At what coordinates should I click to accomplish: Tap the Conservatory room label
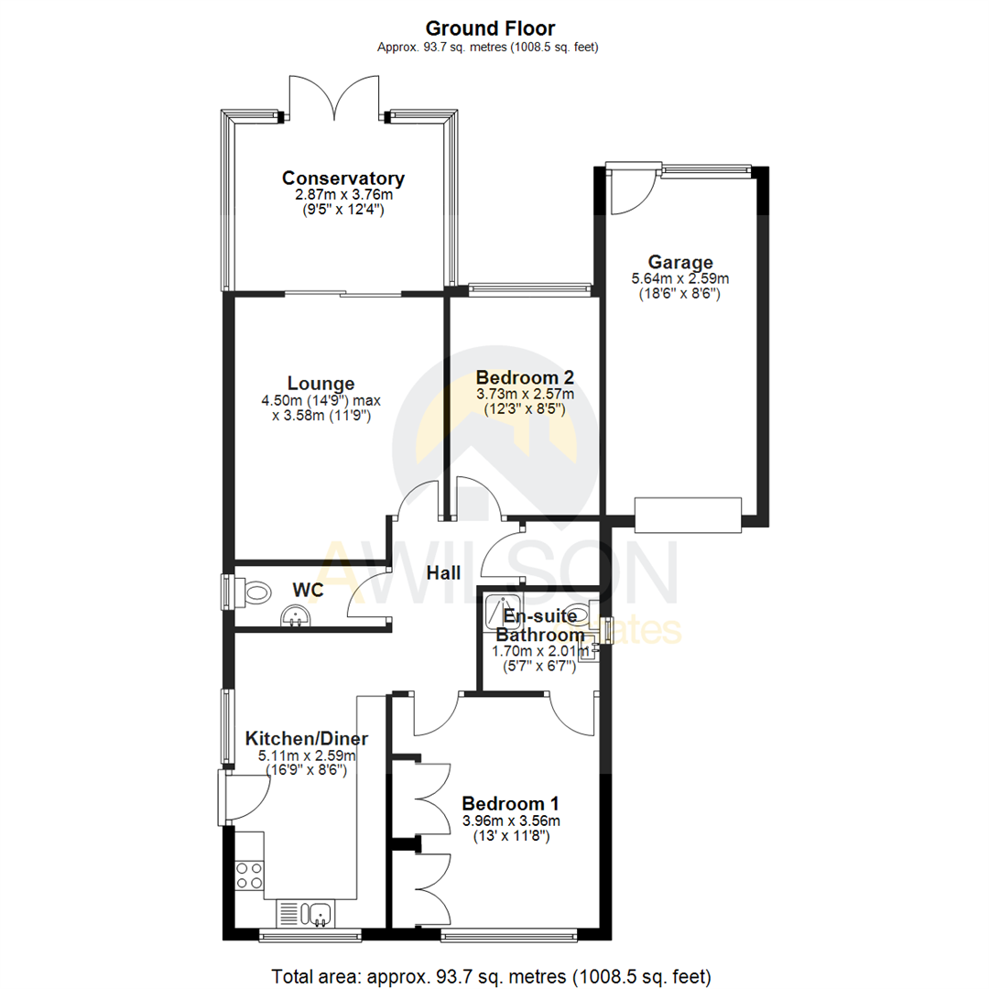click(343, 178)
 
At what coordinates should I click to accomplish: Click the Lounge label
click(321, 384)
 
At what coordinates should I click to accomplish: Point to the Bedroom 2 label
click(525, 377)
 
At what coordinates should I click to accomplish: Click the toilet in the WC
click(255, 592)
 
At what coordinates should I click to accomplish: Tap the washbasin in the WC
click(295, 619)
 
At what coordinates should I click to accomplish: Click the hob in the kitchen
click(249, 875)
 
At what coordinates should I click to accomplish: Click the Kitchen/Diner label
click(307, 739)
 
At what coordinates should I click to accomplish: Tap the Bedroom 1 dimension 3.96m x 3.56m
click(511, 820)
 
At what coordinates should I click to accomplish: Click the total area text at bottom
click(492, 975)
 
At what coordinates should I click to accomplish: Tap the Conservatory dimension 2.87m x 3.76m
click(343, 194)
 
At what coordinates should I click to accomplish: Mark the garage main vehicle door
click(688, 515)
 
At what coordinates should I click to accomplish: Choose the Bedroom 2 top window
click(528, 289)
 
